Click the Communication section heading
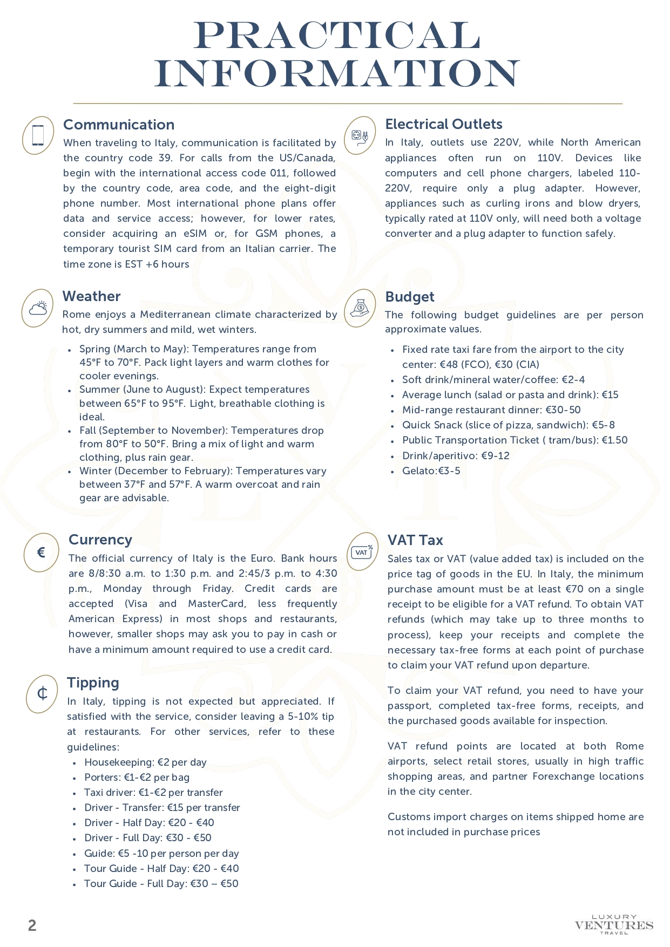pyautogui.click(x=119, y=125)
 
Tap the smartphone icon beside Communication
pyautogui.click(x=38, y=135)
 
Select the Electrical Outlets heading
pyautogui.click(x=443, y=124)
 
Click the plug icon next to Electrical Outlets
pyautogui.click(x=360, y=135)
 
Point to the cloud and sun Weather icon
pyautogui.click(x=38, y=308)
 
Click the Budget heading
pyautogui.click(x=409, y=297)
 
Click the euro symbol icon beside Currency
pyautogui.click(x=40, y=552)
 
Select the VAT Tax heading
pyautogui.click(x=415, y=540)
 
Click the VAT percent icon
pyautogui.click(x=362, y=551)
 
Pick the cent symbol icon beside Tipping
pyautogui.click(x=42, y=693)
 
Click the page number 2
pyautogui.click(x=32, y=926)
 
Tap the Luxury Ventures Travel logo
pyautogui.click(x=614, y=924)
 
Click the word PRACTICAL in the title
pyautogui.click(x=337, y=36)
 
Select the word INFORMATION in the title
pyautogui.click(x=337, y=73)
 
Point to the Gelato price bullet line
pyautogui.click(x=431, y=471)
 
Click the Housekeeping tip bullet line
pyautogui.click(x=145, y=762)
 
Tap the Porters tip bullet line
pyautogui.click(x=137, y=778)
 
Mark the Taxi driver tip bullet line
pyautogui.click(x=153, y=793)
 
